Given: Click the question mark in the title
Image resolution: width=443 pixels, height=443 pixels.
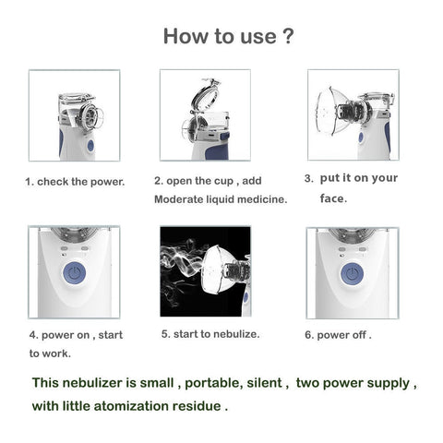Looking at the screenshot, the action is click(x=288, y=36).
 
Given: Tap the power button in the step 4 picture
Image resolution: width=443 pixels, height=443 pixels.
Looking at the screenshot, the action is click(x=75, y=273).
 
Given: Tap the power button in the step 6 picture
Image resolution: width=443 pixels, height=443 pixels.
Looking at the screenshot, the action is click(x=353, y=273).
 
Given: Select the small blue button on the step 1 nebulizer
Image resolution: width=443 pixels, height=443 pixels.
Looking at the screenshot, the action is click(x=90, y=146).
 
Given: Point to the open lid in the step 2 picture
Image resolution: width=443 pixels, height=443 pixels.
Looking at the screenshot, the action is click(x=205, y=95).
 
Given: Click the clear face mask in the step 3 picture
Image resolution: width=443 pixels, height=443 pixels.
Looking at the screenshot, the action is click(x=329, y=112).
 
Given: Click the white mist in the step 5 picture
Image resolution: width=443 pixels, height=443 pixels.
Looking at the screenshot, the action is click(x=182, y=269).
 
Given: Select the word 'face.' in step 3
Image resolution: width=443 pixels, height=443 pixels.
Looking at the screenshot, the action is click(x=333, y=198).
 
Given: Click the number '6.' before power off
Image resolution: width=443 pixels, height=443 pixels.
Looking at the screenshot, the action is click(x=309, y=335).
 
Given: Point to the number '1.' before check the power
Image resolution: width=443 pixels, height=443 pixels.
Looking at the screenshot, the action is click(x=30, y=182).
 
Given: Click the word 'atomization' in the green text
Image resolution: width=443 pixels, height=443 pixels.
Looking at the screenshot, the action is click(x=131, y=406).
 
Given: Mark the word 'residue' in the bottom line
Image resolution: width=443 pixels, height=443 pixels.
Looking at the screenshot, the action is click(x=197, y=406).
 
